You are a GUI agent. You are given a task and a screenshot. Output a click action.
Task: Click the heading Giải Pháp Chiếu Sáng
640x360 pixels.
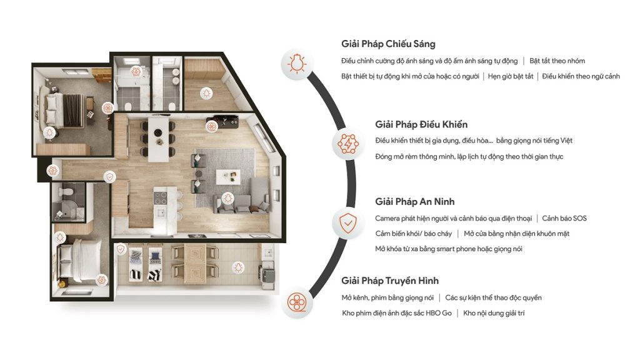point(388,44)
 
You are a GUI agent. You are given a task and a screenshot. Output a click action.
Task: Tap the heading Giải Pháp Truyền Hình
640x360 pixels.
point(390,281)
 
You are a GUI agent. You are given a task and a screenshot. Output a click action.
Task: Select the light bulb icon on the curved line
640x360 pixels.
point(297,64)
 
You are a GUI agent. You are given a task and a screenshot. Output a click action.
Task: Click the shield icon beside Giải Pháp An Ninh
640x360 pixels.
point(347,223)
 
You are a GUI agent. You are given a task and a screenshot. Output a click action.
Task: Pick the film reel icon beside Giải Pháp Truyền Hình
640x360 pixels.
point(297,302)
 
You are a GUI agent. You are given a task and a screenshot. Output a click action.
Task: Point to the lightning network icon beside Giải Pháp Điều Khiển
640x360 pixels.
point(347,144)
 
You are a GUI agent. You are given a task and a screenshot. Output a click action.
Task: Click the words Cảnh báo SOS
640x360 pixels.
point(564,218)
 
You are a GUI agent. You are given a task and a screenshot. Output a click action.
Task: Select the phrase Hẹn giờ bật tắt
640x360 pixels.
point(511,76)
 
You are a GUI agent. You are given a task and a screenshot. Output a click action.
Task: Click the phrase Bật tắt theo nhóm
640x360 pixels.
point(557,61)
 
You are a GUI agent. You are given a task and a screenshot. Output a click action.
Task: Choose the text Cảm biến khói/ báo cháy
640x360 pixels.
point(414,234)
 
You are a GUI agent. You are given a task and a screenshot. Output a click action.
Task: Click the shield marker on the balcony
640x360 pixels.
point(121,249)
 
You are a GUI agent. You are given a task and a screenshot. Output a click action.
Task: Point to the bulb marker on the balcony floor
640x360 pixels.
point(238,268)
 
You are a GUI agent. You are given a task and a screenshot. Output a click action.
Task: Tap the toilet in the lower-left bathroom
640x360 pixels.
point(66,191)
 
